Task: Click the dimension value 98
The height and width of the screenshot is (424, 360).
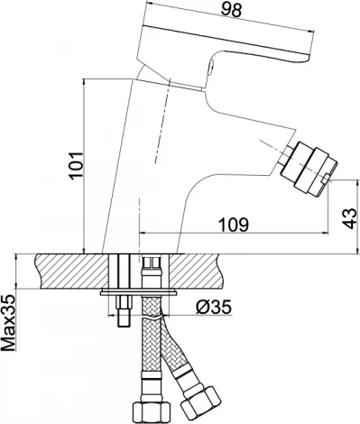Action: [x=231, y=10]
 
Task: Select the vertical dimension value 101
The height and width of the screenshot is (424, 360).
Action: [x=77, y=166]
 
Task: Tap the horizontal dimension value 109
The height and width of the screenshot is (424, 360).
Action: [x=234, y=225]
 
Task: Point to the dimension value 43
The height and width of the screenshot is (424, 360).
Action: [x=349, y=218]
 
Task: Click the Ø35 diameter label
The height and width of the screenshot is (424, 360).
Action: [x=214, y=308]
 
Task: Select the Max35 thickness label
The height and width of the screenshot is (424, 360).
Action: [x=8, y=323]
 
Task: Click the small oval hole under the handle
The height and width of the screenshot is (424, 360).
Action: [x=211, y=66]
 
